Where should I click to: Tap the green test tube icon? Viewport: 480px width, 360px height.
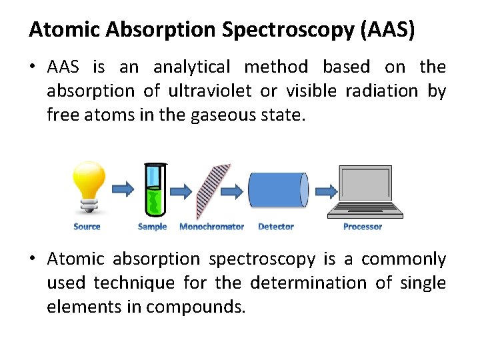[155, 191]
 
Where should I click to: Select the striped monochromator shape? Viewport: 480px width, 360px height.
[213, 192]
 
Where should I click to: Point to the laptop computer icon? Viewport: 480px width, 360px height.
[365, 192]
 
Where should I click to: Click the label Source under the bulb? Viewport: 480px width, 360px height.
[87, 227]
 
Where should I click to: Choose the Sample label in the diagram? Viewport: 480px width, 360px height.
[152, 227]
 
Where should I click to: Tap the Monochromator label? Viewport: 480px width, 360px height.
[211, 227]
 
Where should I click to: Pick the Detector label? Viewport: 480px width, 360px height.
[276, 227]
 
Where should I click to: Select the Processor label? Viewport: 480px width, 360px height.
[363, 227]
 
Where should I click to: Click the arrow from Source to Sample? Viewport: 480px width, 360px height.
[123, 190]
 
